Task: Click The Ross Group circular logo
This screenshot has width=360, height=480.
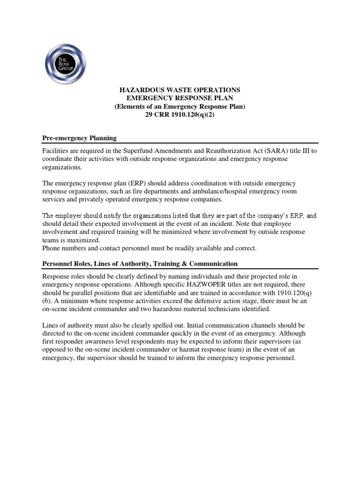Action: (x=66, y=63)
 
